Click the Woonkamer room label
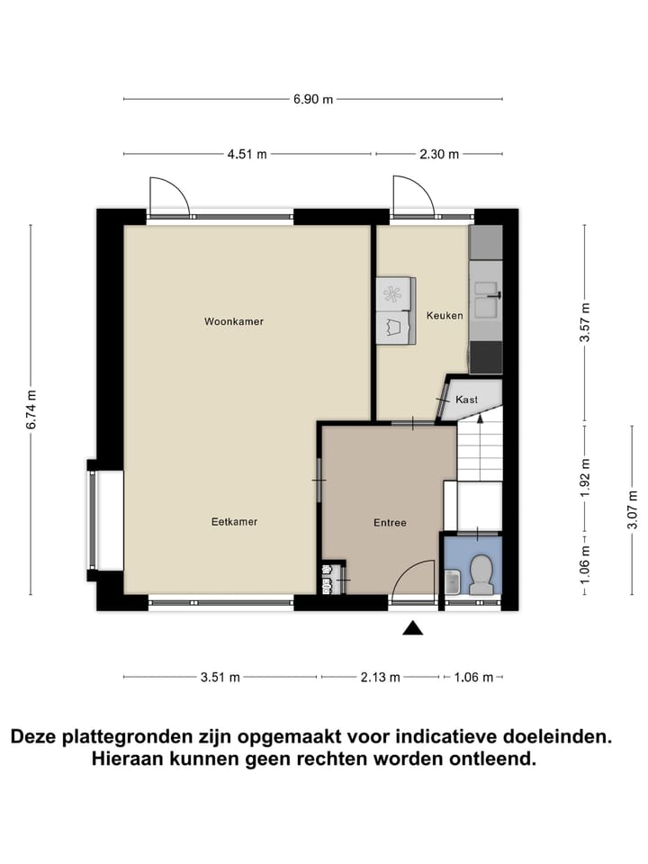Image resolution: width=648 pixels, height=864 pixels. [x=234, y=321]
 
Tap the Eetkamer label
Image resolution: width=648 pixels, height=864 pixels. [x=235, y=521]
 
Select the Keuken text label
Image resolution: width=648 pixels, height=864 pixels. [x=445, y=316]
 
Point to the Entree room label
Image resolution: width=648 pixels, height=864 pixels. [x=390, y=522]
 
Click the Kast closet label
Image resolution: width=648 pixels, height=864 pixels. [x=466, y=399]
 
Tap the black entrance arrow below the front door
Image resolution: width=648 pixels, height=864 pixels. [x=412, y=628]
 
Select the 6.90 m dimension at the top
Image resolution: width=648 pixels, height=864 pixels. [x=312, y=99]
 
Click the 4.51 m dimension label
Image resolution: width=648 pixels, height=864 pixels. [x=247, y=154]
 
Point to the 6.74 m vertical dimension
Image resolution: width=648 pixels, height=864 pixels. [x=31, y=409]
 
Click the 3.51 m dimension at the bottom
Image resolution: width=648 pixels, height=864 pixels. [x=220, y=677]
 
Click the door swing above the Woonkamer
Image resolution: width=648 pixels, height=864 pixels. [x=169, y=195]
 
